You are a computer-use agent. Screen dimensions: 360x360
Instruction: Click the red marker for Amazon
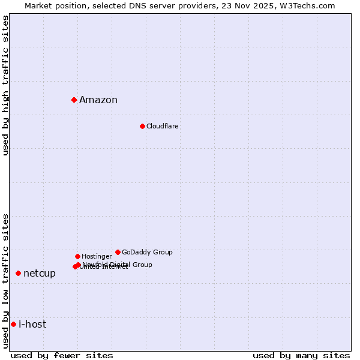point(74,100)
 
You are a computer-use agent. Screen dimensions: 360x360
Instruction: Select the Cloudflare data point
point(142,126)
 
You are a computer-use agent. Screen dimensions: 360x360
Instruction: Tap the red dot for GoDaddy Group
point(118,252)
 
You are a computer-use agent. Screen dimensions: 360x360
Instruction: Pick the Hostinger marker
point(77,256)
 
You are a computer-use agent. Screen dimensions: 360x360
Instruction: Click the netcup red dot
point(18,273)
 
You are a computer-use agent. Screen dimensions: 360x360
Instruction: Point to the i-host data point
point(13,324)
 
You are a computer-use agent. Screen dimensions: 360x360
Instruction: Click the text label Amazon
point(98,100)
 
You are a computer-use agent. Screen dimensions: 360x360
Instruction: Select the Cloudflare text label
point(163,126)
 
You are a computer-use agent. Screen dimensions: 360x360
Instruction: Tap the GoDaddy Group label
point(147,252)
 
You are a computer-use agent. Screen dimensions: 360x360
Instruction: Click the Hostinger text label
point(97,256)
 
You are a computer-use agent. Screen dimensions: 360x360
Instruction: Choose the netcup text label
point(40,274)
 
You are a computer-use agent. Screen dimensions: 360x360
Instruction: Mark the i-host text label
point(32,325)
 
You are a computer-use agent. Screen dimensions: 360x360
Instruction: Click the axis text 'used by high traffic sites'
point(6,85)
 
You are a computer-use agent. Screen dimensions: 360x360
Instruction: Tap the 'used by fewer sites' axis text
point(62,355)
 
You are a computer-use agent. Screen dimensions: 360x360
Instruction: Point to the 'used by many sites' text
point(301,355)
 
